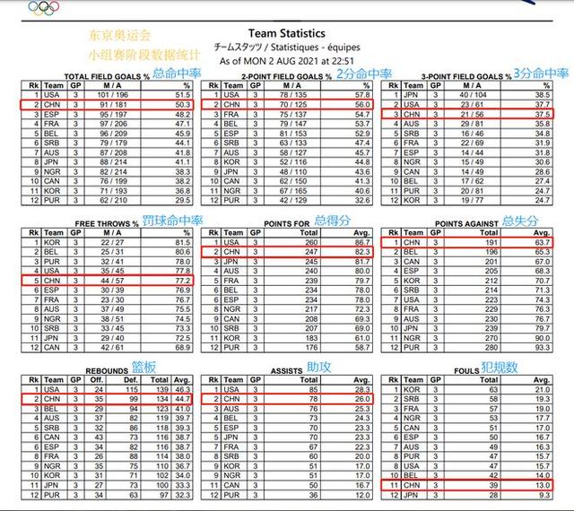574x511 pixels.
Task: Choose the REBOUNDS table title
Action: (108, 368)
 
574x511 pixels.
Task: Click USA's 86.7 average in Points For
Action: (361, 241)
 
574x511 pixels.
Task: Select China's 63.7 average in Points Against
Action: (541, 241)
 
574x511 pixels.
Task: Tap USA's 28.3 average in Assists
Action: (362, 388)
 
